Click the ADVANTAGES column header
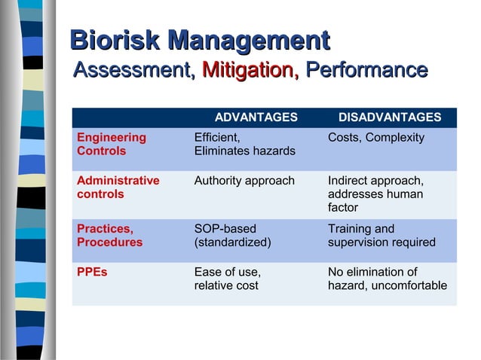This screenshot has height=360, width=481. [x=256, y=117]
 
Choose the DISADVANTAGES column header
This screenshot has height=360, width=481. [x=390, y=117]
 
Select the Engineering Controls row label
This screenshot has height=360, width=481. [x=112, y=145]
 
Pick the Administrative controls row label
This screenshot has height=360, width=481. [x=118, y=188]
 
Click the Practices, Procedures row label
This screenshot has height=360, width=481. [x=110, y=236]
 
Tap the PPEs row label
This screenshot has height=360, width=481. [x=92, y=272]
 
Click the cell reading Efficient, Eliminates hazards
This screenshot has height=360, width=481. [x=244, y=145]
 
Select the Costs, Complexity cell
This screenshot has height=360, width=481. [x=376, y=138]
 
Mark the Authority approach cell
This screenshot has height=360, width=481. [x=244, y=181]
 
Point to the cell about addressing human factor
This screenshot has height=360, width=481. [x=375, y=194]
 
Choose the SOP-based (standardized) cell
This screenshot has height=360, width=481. [x=232, y=236]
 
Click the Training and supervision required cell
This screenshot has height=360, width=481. [x=381, y=236]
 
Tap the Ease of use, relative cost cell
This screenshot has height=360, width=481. [x=228, y=279]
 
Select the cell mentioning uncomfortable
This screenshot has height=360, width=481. [x=387, y=279]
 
